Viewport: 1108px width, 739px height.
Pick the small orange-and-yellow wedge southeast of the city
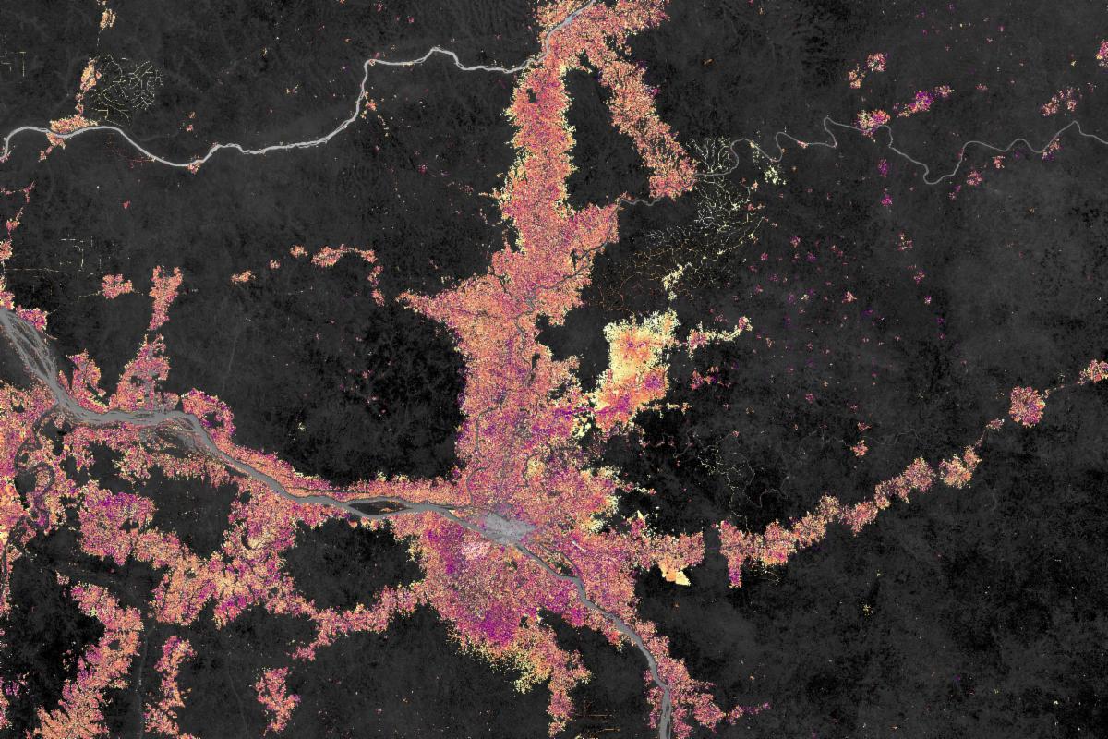tap(674, 575)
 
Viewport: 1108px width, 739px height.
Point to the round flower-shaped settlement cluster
tap(1026, 405)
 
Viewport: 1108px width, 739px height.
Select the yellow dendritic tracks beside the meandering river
tap(720, 185)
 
